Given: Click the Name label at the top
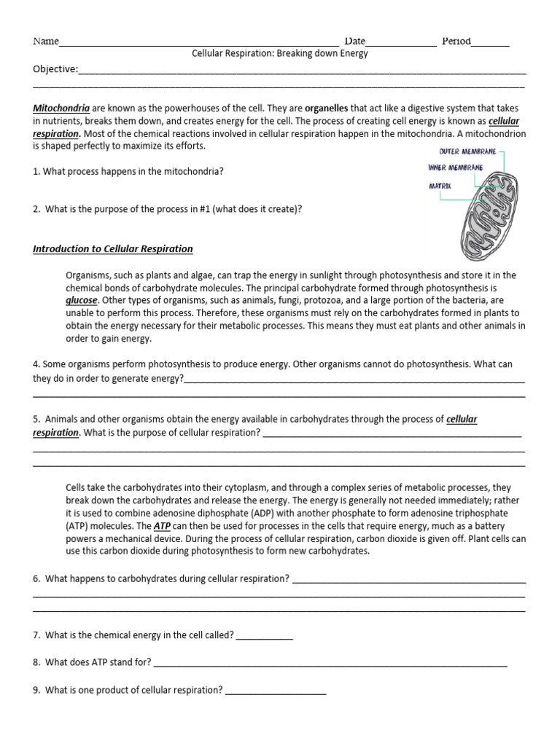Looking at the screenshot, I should pyautogui.click(x=45, y=42).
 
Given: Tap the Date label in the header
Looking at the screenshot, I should pyautogui.click(x=355, y=42).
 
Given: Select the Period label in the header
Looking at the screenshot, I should pyautogui.click(x=456, y=42).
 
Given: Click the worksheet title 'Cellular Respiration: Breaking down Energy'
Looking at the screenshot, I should pyautogui.click(x=280, y=53).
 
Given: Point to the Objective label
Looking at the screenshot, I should pyautogui.click(x=55, y=69).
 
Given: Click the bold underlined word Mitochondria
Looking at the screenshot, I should pyautogui.click(x=61, y=108).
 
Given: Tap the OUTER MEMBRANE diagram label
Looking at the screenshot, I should pyautogui.click(x=467, y=152).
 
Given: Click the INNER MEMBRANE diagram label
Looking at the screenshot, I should pyautogui.click(x=455, y=168).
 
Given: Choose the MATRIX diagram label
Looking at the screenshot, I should pyautogui.click(x=440, y=186).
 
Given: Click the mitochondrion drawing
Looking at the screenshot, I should pyautogui.click(x=491, y=216).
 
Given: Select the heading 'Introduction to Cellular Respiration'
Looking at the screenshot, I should pyautogui.click(x=113, y=248).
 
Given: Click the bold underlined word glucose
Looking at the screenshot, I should pyautogui.click(x=80, y=299).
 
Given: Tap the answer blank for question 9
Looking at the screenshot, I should pyautogui.click(x=276, y=691).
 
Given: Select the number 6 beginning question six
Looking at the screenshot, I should pyautogui.click(x=36, y=578).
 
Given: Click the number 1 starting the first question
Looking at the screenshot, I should pyautogui.click(x=36, y=172).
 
